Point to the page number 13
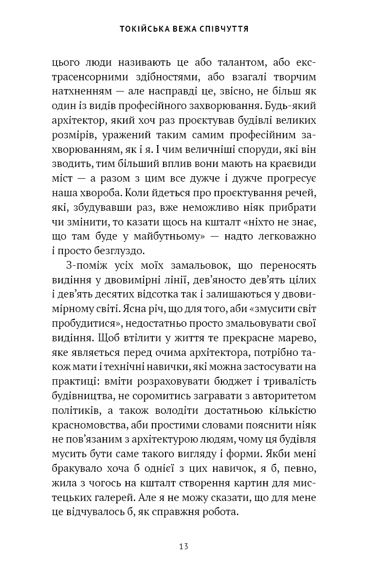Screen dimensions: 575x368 click(184, 545)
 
